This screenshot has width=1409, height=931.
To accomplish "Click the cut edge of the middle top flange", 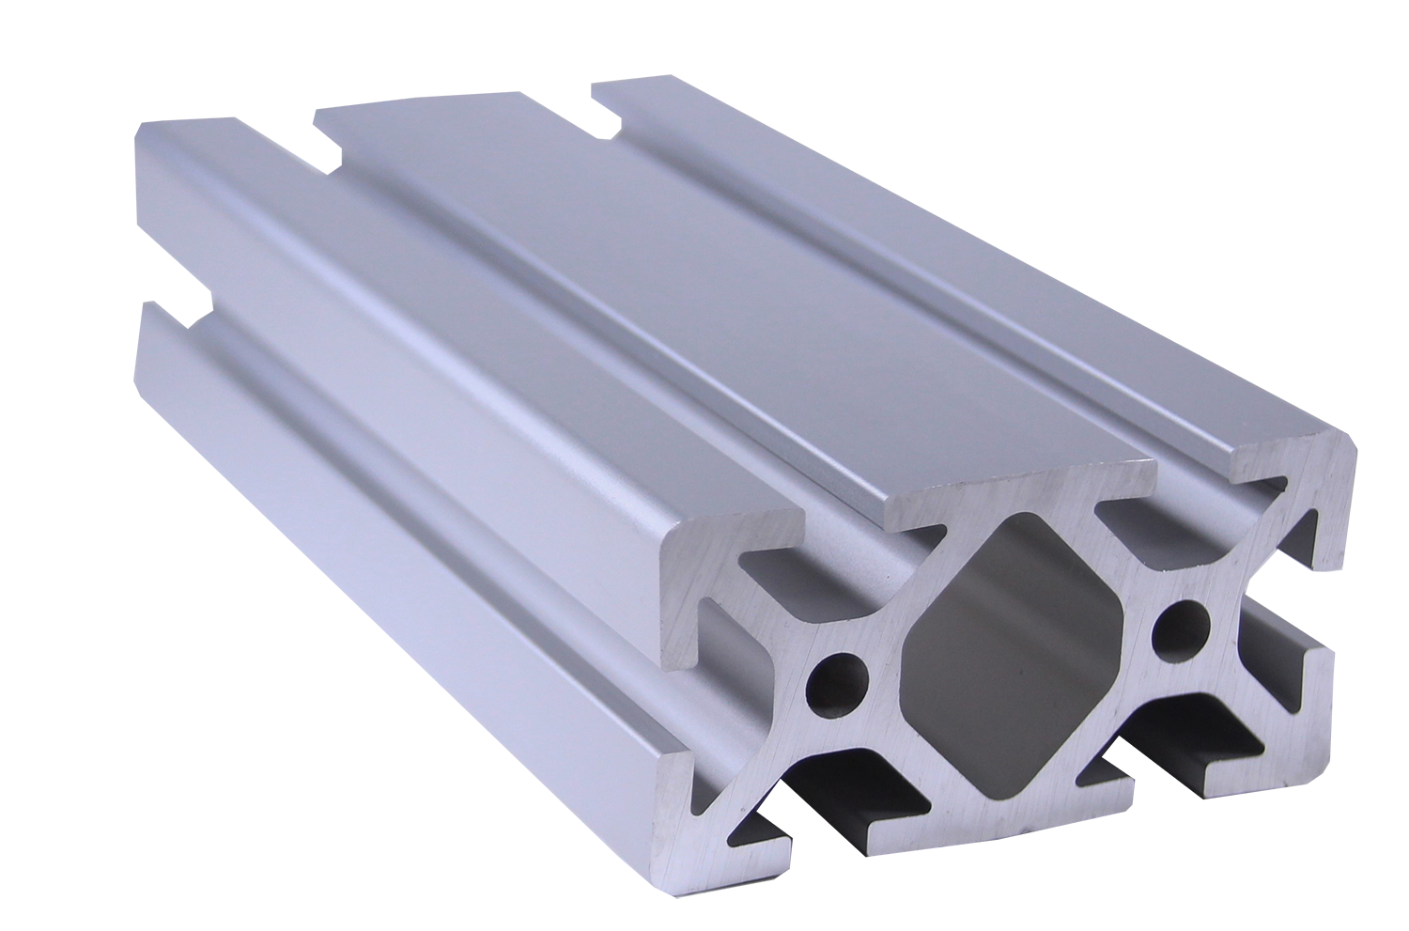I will (x=1019, y=493).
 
